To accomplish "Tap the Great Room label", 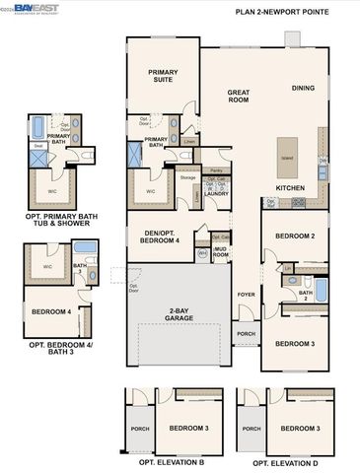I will click(240, 96).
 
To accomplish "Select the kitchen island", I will click(287, 157).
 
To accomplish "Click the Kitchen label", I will click(289, 186).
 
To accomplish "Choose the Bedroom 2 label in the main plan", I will click(296, 236).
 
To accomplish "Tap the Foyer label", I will click(246, 295).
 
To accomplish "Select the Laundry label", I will click(217, 193).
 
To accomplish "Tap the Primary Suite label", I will click(163, 76).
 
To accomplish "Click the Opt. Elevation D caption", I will click(286, 462).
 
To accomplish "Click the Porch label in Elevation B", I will click(140, 429).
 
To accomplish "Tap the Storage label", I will click(186, 178).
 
